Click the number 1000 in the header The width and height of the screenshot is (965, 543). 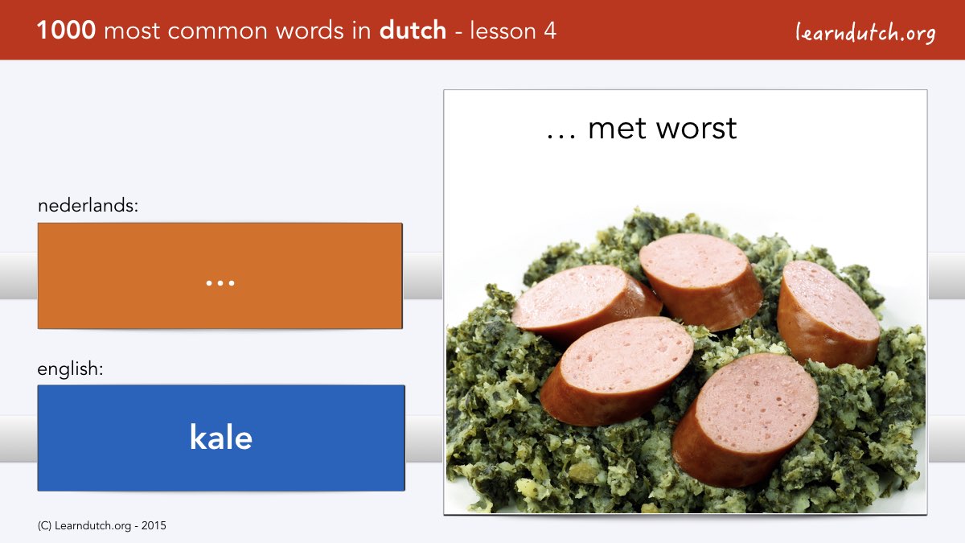[66, 31]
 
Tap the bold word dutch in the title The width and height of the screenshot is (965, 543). [413, 31]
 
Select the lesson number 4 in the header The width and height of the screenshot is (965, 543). [550, 31]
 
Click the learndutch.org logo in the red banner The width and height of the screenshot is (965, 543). [865, 33]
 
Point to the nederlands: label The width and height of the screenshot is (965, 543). [88, 205]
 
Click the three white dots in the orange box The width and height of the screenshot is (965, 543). [220, 283]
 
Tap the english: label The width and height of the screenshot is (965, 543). [70, 369]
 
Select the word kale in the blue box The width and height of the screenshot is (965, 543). [221, 437]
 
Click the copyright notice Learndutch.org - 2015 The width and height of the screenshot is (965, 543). [101, 526]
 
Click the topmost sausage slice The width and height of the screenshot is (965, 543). [700, 281]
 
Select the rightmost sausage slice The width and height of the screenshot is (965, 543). [828, 314]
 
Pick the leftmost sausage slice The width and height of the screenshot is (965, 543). [586, 302]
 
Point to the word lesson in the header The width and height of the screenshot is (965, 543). [503, 31]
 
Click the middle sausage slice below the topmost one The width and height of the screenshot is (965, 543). [617, 371]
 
